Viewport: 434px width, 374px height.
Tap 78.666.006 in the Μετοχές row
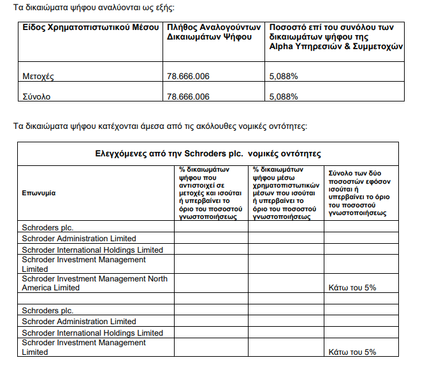click(x=187, y=77)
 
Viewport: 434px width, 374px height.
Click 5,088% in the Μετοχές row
click(x=284, y=77)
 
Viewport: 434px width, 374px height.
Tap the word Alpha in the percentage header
click(x=282, y=47)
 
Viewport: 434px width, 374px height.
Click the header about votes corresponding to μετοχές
click(x=210, y=193)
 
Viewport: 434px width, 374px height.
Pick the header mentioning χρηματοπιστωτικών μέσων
click(x=284, y=193)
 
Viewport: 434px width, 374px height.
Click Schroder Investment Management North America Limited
click(x=94, y=283)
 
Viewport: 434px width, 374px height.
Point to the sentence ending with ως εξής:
click(x=93, y=8)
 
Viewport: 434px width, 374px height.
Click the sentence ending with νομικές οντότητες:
click(x=161, y=126)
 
